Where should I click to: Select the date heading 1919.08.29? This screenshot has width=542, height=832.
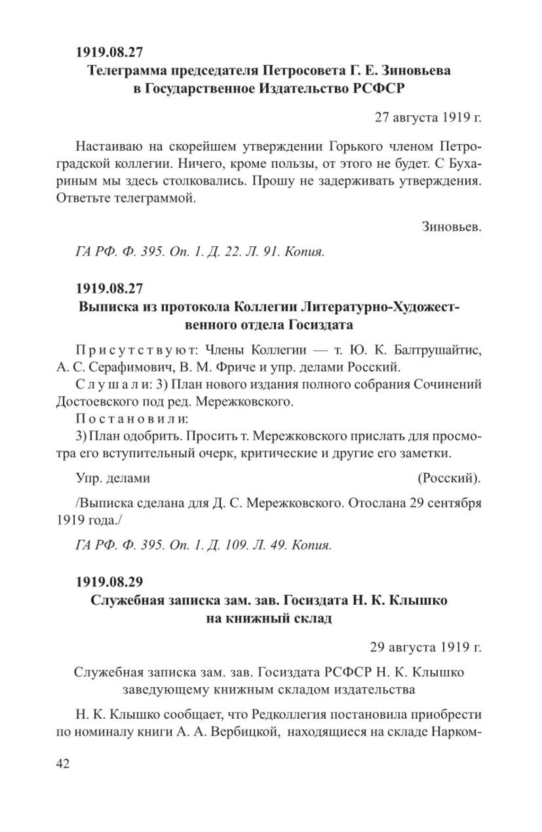(x=109, y=581)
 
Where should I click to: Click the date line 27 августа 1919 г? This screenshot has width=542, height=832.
(x=428, y=117)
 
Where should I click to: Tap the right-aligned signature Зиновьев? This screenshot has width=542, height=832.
(x=451, y=227)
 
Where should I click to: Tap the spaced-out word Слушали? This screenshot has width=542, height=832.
(x=112, y=384)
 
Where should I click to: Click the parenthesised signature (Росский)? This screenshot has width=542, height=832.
(x=449, y=478)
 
